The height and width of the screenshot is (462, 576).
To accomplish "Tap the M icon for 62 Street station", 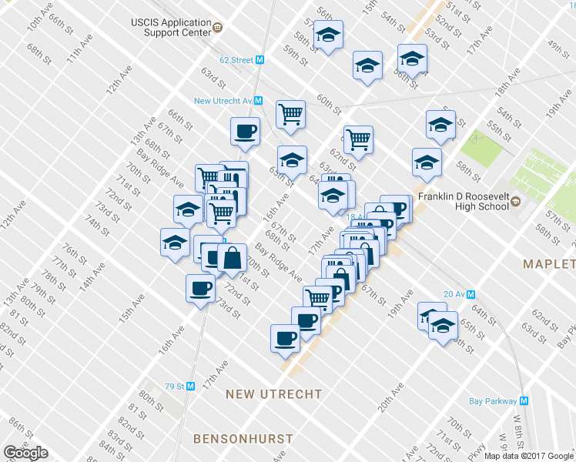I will click(x=260, y=59).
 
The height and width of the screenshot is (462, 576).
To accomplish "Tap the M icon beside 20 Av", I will click(x=471, y=293).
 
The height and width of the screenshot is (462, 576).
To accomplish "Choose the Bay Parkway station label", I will click(x=493, y=400).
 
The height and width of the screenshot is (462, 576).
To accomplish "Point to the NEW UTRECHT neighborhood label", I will click(x=273, y=394).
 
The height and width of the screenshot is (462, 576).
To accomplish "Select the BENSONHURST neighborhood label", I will click(x=243, y=439).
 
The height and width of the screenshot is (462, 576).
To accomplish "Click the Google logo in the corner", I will click(x=25, y=453).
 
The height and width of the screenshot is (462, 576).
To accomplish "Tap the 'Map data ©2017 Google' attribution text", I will click(x=529, y=456).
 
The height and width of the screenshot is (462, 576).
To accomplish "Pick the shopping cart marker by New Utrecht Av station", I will click(x=290, y=114).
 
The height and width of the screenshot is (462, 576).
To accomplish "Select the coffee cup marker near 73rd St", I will click(x=200, y=289).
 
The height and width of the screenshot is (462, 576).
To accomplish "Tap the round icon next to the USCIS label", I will click(x=217, y=28).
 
